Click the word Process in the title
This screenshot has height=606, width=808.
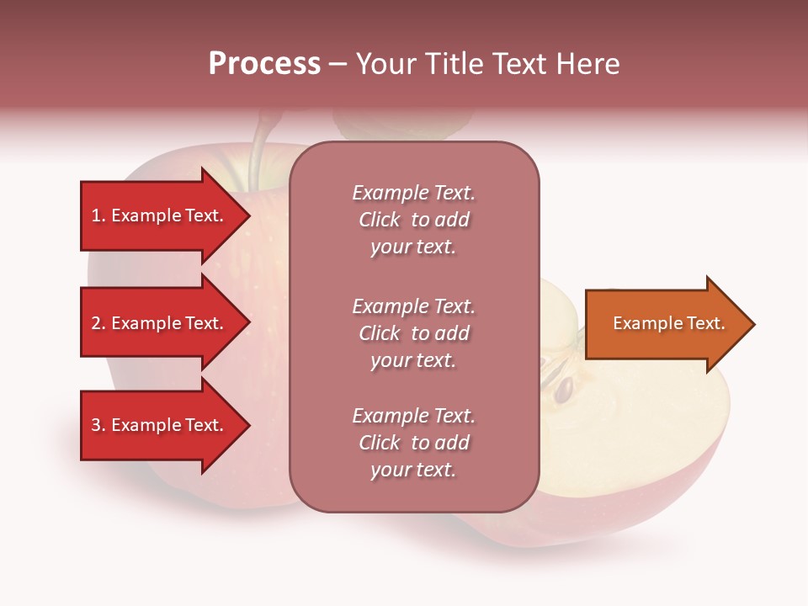click(264, 64)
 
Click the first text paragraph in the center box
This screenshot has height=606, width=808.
click(413, 220)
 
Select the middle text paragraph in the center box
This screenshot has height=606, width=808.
click(413, 333)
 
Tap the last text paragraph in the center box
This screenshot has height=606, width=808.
click(413, 443)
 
